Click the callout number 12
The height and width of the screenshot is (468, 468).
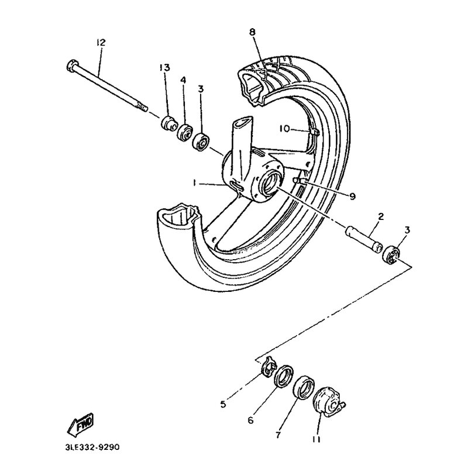(101, 42)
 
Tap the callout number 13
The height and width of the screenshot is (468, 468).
(164, 68)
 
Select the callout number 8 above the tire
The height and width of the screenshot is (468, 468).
(253, 32)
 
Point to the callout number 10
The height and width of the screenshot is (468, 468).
(284, 129)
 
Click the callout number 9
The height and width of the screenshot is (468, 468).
(353, 196)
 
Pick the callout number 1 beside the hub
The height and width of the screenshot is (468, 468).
(194, 183)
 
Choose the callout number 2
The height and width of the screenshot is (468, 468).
(381, 216)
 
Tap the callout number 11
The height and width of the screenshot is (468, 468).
(316, 439)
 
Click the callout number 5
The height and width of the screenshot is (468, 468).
(223, 404)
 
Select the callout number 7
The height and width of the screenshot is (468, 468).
(278, 435)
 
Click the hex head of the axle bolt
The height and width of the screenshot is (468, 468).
(71, 65)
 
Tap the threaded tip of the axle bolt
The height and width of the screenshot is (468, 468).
(142, 107)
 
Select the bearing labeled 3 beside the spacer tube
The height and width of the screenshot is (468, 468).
(391, 254)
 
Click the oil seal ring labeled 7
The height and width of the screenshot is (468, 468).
(304, 387)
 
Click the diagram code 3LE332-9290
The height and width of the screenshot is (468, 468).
(92, 447)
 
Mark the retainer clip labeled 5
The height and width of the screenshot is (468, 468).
(269, 366)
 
